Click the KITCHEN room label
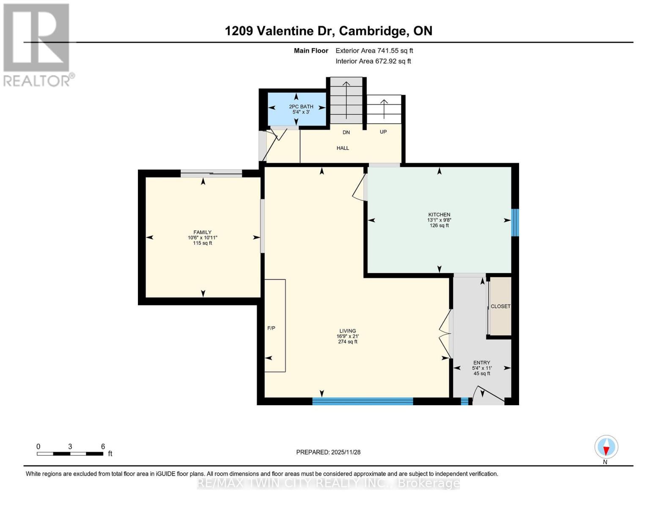[x=439, y=215]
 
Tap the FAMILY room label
[x=202, y=232]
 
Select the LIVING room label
[x=347, y=331]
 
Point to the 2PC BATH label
[x=301, y=106]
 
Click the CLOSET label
[x=500, y=306]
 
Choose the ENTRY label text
[x=482, y=363]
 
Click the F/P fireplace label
[x=271, y=328]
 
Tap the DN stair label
[x=346, y=132]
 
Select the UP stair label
[x=383, y=132]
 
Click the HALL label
[x=343, y=148]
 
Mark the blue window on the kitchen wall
[x=515, y=222]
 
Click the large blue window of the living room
[x=363, y=401]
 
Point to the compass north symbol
[x=606, y=447]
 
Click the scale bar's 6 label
[x=103, y=447]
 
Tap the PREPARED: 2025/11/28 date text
[x=328, y=452]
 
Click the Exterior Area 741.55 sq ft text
[x=374, y=51]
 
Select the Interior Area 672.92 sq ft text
[x=373, y=61]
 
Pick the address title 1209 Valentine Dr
[x=280, y=31]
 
